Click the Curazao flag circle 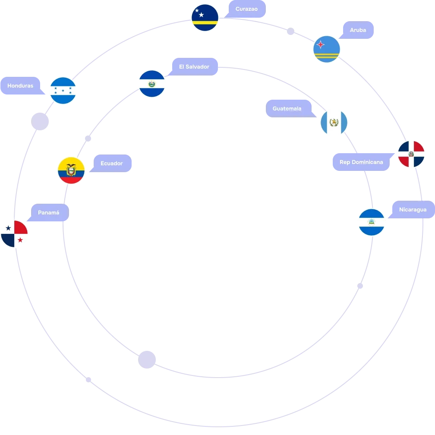click(x=205, y=18)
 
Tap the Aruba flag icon click(x=327, y=49)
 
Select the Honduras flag click(x=63, y=91)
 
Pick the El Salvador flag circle click(x=152, y=84)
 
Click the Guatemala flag click(x=334, y=123)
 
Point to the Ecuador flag click(x=71, y=170)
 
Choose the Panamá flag click(x=14, y=234)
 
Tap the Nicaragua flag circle click(x=372, y=222)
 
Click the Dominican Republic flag click(x=411, y=154)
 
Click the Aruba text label click(x=358, y=30)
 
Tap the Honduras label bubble click(x=22, y=86)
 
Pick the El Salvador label click(x=194, y=66)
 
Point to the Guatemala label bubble click(x=290, y=108)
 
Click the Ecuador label click(x=111, y=163)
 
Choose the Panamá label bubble click(x=48, y=212)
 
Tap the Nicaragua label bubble click(x=412, y=209)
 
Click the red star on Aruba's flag click(x=320, y=44)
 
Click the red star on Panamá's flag click(x=20, y=240)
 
